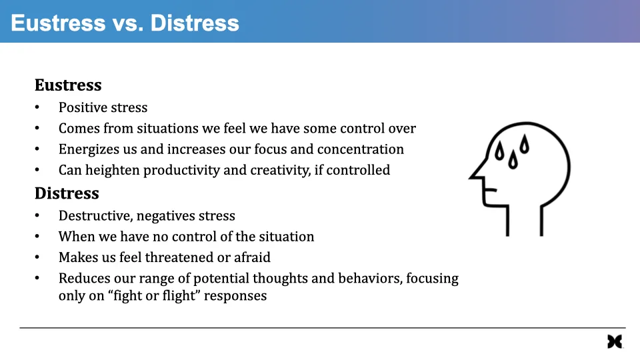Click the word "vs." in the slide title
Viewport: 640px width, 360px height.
[127, 23]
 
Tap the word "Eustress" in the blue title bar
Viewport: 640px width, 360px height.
[58, 23]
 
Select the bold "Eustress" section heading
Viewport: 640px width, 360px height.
[68, 85]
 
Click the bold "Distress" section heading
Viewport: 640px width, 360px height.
[67, 193]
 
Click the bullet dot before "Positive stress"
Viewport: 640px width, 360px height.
[37, 108]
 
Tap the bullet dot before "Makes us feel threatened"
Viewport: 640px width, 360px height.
[37, 257]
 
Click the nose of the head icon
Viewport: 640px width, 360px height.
[473, 176]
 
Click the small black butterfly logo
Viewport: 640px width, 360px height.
[614, 341]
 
